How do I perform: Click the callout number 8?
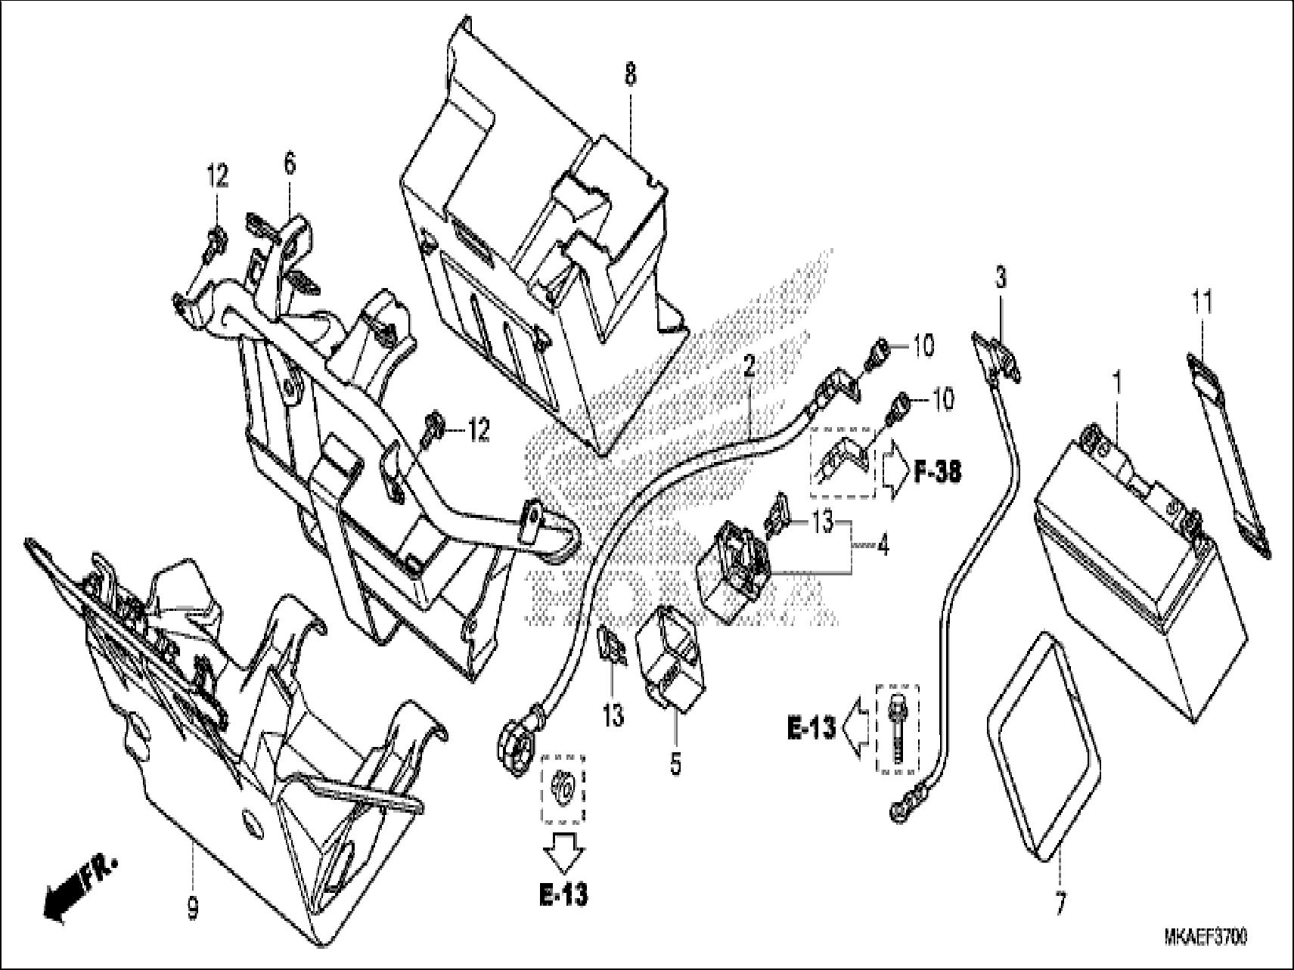pyautogui.click(x=630, y=74)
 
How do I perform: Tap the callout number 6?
pyautogui.click(x=290, y=163)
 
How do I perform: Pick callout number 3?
pyautogui.click(x=1001, y=278)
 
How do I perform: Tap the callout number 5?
pyautogui.click(x=675, y=764)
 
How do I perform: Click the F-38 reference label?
pyautogui.click(x=937, y=473)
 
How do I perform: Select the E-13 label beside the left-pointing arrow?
pyautogui.click(x=811, y=728)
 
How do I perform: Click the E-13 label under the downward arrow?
pyautogui.click(x=564, y=894)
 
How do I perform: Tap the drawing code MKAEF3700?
pyautogui.click(x=1206, y=938)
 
